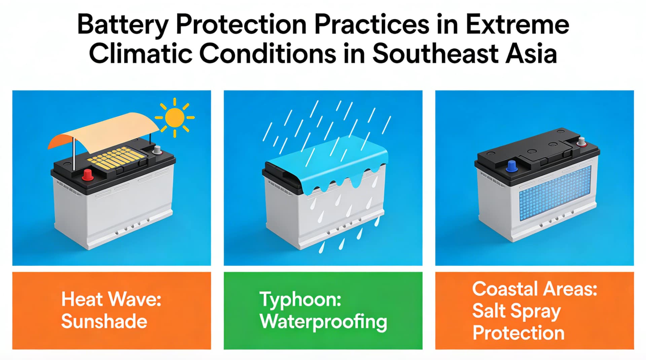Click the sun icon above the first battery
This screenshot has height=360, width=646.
tap(175, 118)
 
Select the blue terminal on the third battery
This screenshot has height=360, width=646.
tap(512, 166)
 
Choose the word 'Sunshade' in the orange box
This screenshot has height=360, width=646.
tap(104, 321)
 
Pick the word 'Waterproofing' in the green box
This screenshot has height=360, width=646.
tap(323, 322)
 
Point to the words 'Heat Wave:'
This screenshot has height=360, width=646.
tap(111, 299)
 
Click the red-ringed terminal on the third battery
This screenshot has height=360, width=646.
tap(581, 142)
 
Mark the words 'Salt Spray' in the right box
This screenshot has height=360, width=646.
tap(516, 311)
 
